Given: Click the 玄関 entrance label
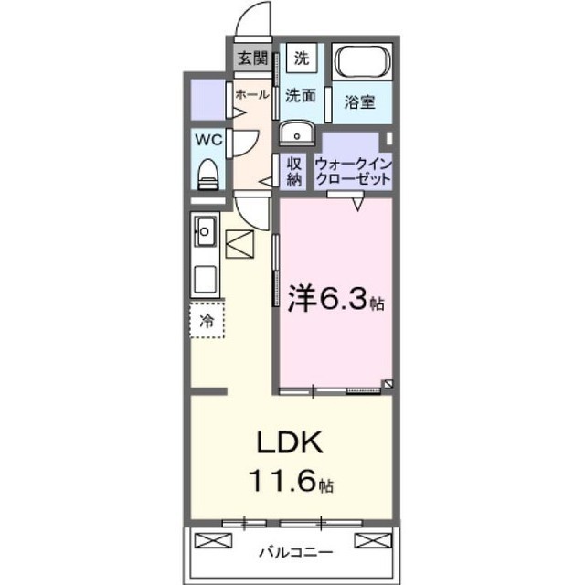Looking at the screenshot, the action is pyautogui.click(x=253, y=58).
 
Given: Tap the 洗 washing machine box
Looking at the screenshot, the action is pyautogui.click(x=302, y=58).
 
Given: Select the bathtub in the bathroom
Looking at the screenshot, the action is pyautogui.click(x=362, y=61).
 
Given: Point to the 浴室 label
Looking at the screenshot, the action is pyautogui.click(x=359, y=101).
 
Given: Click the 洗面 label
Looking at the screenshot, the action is pyautogui.click(x=301, y=95).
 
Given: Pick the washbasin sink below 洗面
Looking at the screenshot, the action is pyautogui.click(x=297, y=132).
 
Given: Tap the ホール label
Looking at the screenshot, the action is pyautogui.click(x=252, y=94).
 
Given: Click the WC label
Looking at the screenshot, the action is pyautogui.click(x=208, y=140).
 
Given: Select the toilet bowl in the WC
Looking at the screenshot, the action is pyautogui.click(x=207, y=174).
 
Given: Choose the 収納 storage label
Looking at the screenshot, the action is pyautogui.click(x=294, y=172).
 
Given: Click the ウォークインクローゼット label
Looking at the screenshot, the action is pyautogui.click(x=354, y=172).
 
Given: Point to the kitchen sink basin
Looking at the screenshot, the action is pyautogui.click(x=205, y=231).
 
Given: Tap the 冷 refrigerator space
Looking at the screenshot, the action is pyautogui.click(x=207, y=321).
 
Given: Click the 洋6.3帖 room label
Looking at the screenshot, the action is pyautogui.click(x=335, y=299).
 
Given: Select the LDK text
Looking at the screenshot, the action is pyautogui.click(x=290, y=442).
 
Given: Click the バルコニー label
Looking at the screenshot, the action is pyautogui.click(x=296, y=551).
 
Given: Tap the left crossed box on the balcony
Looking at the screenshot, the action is pyautogui.click(x=213, y=540).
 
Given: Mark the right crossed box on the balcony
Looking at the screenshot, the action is pyautogui.click(x=373, y=540).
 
